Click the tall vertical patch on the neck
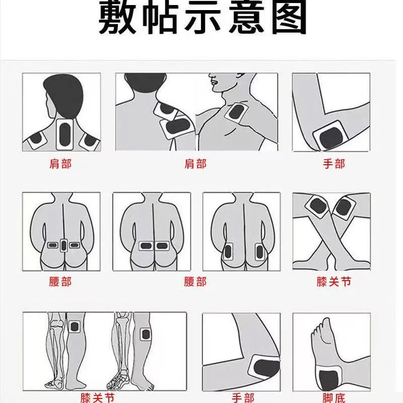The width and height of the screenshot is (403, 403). pos(65,134)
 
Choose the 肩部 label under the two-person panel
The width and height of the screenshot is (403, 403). pos(195,164)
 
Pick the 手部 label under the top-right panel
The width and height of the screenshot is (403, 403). pos(333,164)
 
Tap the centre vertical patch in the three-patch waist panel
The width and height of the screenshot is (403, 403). pos(64,245)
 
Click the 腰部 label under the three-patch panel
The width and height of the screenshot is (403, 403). pos(60,282)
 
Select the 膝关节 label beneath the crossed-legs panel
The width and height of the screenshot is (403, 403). pos(333,282)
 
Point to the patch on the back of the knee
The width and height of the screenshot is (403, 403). pos(75,326)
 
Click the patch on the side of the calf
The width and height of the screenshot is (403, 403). pos(146,334)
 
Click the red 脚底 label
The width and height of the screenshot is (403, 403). pos(333,398)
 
